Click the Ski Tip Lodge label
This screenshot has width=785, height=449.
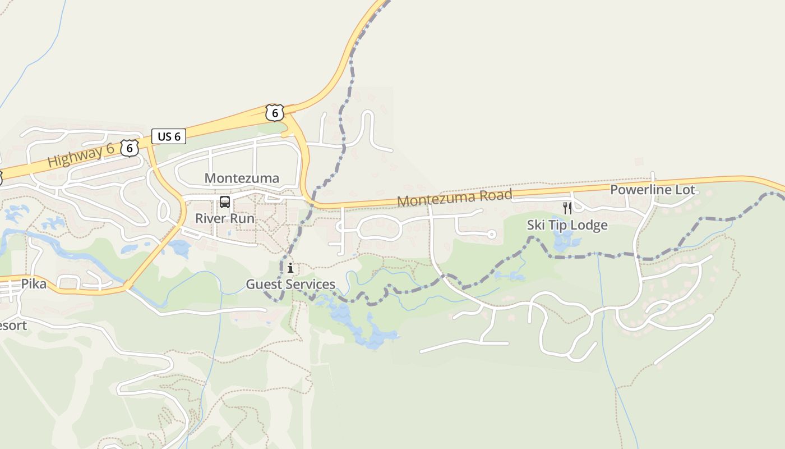[567, 225]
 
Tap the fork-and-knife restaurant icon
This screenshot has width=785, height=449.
[567, 208]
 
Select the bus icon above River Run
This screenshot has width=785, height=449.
[225, 202]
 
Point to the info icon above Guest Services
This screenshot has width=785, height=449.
[290, 268]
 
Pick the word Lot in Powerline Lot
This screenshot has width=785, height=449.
[685, 190]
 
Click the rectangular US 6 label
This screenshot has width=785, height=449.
[169, 136]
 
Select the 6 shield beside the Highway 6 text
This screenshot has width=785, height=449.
[130, 148]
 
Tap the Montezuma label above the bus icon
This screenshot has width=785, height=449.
[242, 178]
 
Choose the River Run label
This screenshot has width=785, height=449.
[224, 218]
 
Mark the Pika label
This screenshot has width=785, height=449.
[34, 283]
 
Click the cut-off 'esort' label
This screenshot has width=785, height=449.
[12, 326]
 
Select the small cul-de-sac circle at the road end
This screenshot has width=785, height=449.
[491, 234]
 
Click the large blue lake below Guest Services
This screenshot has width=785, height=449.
[364, 328]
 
